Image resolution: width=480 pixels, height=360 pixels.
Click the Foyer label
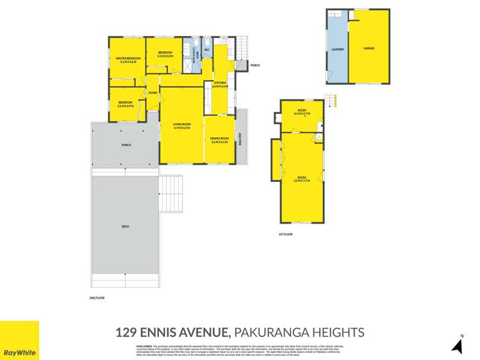[x=153, y=93]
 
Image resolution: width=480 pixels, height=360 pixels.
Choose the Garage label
[x=368, y=49]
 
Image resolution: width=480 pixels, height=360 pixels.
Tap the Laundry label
[x=338, y=49]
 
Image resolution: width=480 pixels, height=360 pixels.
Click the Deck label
[x=125, y=226]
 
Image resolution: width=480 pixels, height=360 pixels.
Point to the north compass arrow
[x=457, y=345]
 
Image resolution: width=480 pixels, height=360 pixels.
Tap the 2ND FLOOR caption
[x=97, y=299]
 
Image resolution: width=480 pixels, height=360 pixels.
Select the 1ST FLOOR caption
[x=286, y=234]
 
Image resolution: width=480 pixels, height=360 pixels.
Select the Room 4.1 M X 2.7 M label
[x=301, y=113]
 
